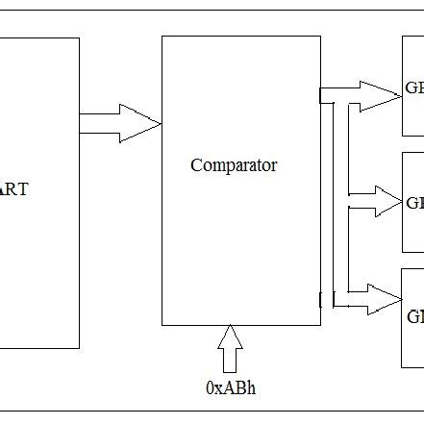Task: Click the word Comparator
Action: coord(234,165)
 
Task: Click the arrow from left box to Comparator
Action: coord(119,122)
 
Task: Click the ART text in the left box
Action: coord(13,189)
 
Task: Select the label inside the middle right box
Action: coord(414,203)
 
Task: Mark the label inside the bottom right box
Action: coord(414,316)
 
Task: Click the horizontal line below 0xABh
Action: coord(212,411)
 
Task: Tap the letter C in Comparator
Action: coord(196,165)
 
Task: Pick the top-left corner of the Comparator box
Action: coord(162,37)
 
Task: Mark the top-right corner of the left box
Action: coord(79,38)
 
